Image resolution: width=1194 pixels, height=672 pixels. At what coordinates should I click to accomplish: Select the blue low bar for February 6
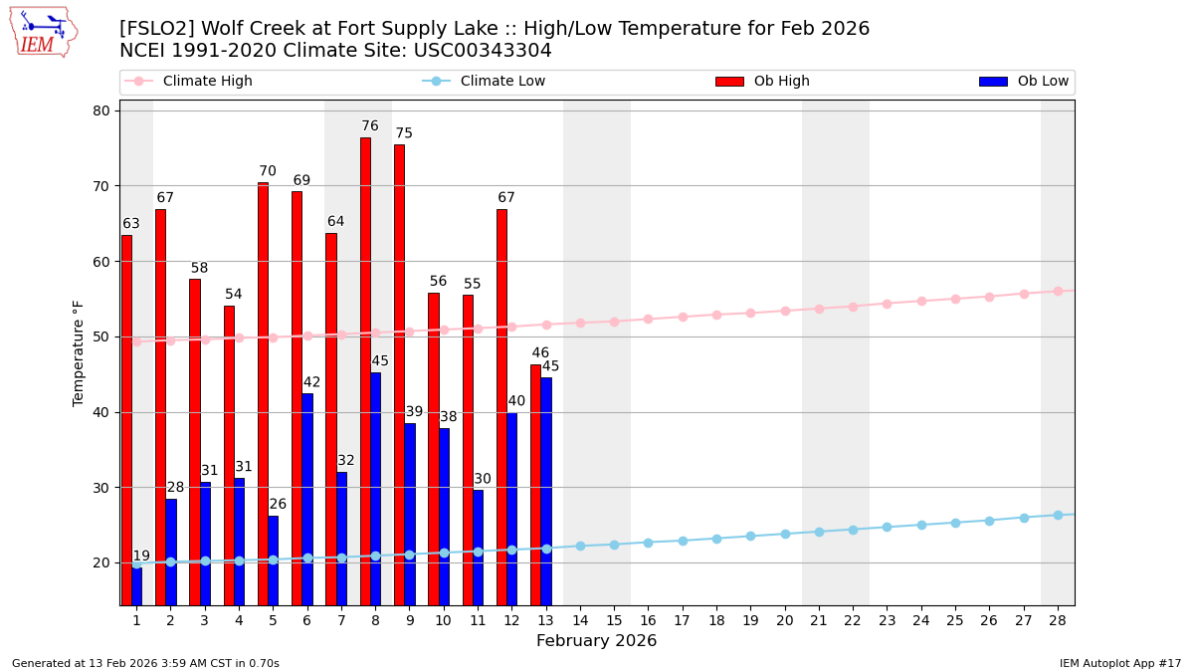click(307, 498)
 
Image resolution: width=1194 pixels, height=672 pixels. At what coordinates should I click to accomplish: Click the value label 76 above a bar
click(370, 126)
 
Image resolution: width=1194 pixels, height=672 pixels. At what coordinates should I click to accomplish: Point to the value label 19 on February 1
click(141, 557)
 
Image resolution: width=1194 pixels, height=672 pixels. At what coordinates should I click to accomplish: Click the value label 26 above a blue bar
click(278, 505)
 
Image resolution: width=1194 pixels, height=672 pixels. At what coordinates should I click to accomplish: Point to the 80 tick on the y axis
click(101, 111)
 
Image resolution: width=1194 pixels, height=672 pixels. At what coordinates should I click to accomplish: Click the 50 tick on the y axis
click(101, 336)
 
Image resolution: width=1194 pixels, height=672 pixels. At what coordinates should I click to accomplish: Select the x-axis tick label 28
click(1058, 620)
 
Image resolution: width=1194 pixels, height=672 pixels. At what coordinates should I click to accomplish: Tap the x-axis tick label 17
click(682, 620)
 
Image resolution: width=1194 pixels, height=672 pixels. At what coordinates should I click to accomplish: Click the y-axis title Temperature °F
click(79, 352)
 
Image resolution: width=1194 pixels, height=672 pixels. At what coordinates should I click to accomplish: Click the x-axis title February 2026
click(596, 641)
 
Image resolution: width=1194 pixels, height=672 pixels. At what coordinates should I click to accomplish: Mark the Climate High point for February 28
click(1058, 292)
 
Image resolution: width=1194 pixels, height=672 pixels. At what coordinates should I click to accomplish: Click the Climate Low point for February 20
click(785, 534)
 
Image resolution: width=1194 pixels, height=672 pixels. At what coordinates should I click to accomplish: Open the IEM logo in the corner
click(43, 32)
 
